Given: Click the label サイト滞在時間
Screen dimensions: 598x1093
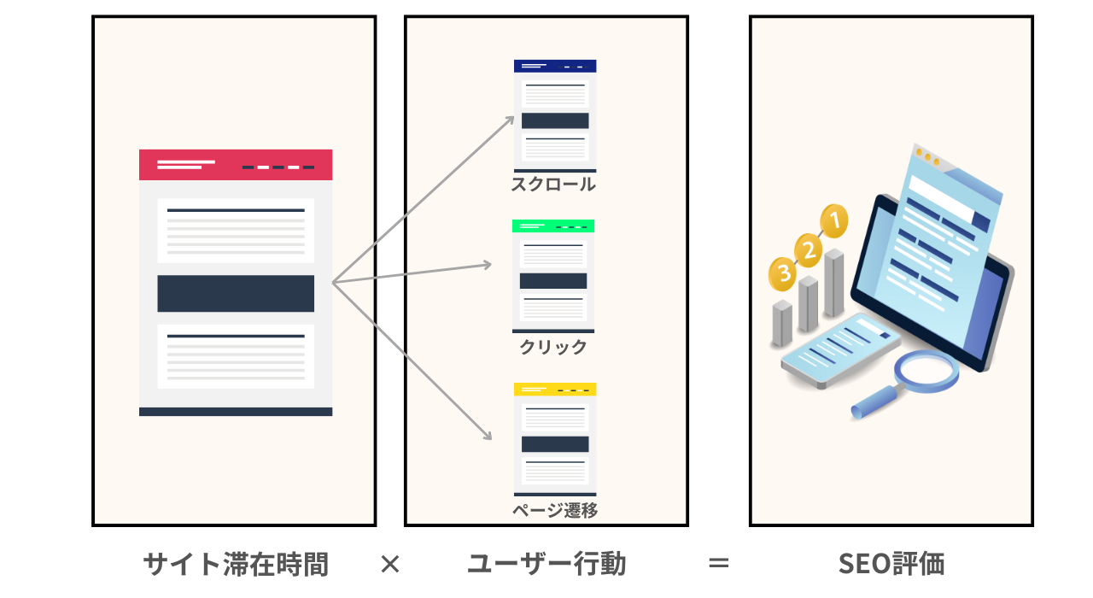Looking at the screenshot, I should [x=236, y=565].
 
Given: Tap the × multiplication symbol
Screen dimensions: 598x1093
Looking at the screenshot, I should [x=389, y=564].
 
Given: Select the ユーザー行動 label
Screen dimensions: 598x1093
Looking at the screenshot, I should [x=546, y=565].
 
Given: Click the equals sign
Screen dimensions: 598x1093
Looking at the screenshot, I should [x=719, y=565].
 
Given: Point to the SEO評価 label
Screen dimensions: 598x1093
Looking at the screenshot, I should [x=891, y=565].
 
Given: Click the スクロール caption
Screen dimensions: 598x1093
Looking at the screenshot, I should [x=553, y=185].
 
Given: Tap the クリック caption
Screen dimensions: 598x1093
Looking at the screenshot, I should [x=553, y=347].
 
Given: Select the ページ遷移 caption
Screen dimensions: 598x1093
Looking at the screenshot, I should [x=555, y=511].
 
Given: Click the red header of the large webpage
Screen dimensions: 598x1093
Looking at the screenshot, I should [x=236, y=165].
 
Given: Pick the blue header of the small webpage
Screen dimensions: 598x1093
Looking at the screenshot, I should [x=554, y=66].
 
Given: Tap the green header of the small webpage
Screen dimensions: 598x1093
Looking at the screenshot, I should [x=553, y=226].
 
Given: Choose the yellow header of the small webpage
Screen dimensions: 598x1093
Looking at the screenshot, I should [x=554, y=390].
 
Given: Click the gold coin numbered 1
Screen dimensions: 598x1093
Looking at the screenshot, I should [x=834, y=221].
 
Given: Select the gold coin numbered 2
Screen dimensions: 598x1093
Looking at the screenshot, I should [x=808, y=249].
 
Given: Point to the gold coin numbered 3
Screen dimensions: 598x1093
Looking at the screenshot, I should [x=781, y=274].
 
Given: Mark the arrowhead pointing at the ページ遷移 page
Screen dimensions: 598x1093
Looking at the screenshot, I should [x=488, y=436].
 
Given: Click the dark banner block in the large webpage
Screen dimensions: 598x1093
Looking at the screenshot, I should [x=236, y=294].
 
